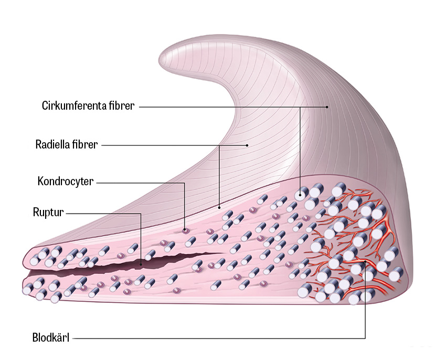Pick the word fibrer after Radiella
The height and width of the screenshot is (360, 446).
pyautogui.click(x=86, y=144)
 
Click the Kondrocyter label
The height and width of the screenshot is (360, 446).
pyautogui.click(x=66, y=182)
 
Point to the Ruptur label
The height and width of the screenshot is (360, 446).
pyautogui.click(x=48, y=213)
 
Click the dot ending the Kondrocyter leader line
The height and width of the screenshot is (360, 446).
pyautogui.click(x=185, y=229)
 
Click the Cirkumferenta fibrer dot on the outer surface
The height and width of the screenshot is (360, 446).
pyautogui.click(x=327, y=107)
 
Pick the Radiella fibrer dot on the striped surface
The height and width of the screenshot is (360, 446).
pyautogui.click(x=247, y=144)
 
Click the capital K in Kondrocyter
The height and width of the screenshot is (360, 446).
pyautogui.click(x=40, y=182)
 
